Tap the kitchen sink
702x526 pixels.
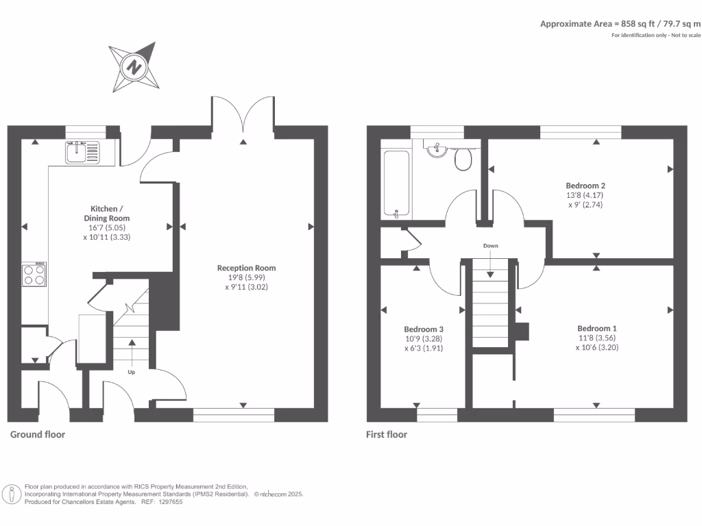[x=77, y=152]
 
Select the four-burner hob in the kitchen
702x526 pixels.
[x=34, y=275]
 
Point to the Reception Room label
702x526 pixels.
[x=246, y=268]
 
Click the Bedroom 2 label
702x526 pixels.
[x=585, y=185]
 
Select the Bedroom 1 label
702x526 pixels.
[x=596, y=327]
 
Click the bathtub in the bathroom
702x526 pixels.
[x=396, y=184]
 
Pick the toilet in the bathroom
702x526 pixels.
[x=464, y=159]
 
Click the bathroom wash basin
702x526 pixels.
[x=435, y=149]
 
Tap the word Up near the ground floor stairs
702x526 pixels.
[x=130, y=373]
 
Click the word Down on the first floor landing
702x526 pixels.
[x=490, y=245]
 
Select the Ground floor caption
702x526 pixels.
[x=38, y=434]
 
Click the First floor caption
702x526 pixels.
[x=387, y=434]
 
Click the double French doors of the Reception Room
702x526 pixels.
[x=243, y=113]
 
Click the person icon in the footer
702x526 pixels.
[x=12, y=494]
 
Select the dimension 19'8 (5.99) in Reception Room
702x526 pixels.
[x=246, y=278]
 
